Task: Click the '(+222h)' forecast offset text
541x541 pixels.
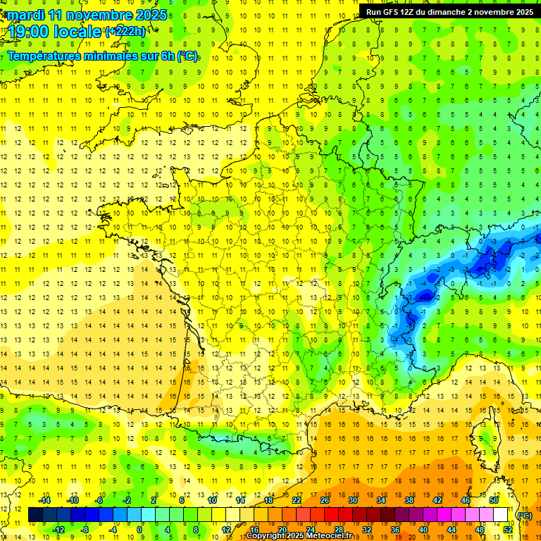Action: [125, 31]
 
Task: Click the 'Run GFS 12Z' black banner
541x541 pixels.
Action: [448, 11]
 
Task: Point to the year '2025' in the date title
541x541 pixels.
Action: [150, 14]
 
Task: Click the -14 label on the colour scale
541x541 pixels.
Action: [44, 500]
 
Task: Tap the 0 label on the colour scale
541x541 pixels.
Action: [139, 529]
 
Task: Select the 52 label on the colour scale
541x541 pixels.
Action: [508, 529]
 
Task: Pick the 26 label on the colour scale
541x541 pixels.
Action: [325, 500]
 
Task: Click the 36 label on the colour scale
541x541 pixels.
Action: [395, 529]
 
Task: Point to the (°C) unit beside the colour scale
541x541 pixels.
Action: [525, 516]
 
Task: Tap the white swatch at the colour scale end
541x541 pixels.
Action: [501, 515]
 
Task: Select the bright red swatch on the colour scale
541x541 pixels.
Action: [332, 515]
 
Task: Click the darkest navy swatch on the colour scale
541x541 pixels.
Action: [36, 515]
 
